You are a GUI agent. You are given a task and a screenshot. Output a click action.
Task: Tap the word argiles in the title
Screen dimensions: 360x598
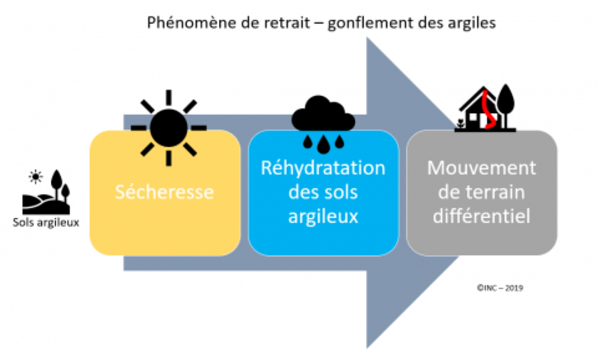(x=474, y=25)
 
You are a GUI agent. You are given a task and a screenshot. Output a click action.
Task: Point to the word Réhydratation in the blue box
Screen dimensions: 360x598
(x=323, y=168)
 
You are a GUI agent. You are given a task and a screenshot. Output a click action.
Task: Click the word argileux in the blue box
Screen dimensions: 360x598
(x=323, y=216)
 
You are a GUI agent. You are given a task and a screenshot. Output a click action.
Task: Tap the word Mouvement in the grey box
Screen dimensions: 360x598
(x=481, y=168)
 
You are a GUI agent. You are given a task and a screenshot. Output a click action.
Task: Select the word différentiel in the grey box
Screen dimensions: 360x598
(x=481, y=215)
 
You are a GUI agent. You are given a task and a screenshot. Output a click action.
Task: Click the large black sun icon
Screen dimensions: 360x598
(x=169, y=127)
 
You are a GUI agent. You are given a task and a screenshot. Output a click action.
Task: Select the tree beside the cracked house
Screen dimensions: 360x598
(x=506, y=105)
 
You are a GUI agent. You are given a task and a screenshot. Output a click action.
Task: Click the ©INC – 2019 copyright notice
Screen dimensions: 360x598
(x=500, y=288)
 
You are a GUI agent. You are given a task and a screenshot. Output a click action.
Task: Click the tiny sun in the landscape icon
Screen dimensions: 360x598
(x=37, y=177)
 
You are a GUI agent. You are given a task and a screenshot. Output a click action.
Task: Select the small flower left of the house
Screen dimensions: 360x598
(x=460, y=124)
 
